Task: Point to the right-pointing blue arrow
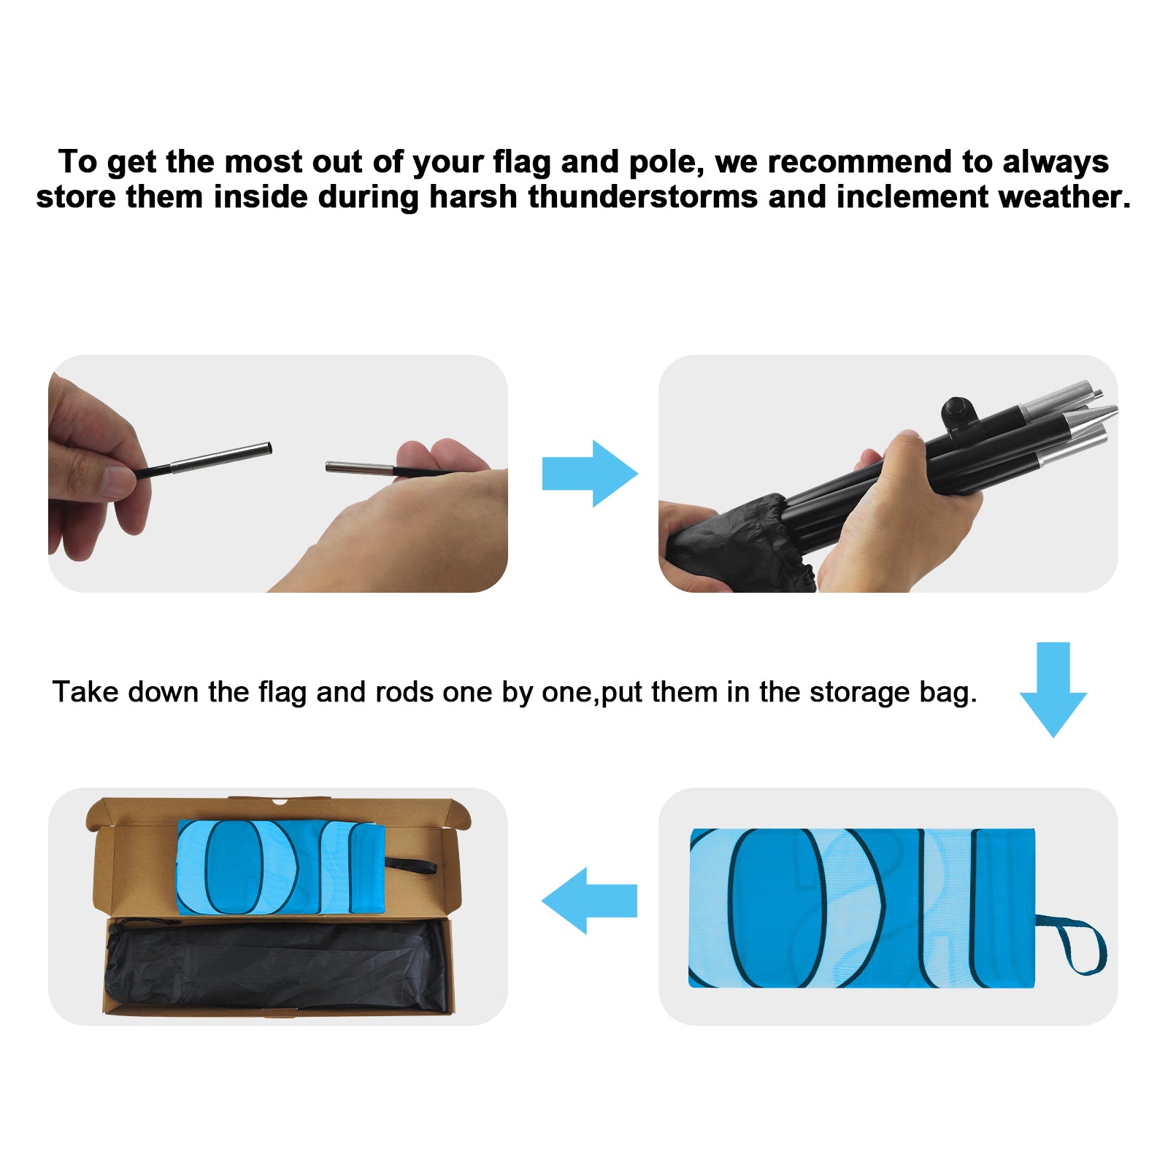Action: click(590, 474)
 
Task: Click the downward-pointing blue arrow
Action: click(1053, 690)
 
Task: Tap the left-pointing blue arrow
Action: click(589, 901)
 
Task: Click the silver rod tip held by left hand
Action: click(221, 458)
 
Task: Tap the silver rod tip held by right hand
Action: click(360, 468)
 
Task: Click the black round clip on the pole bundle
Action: click(958, 413)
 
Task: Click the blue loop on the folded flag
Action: click(1076, 943)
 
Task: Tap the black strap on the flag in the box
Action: click(410, 865)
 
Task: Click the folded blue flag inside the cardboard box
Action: click(280, 867)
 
